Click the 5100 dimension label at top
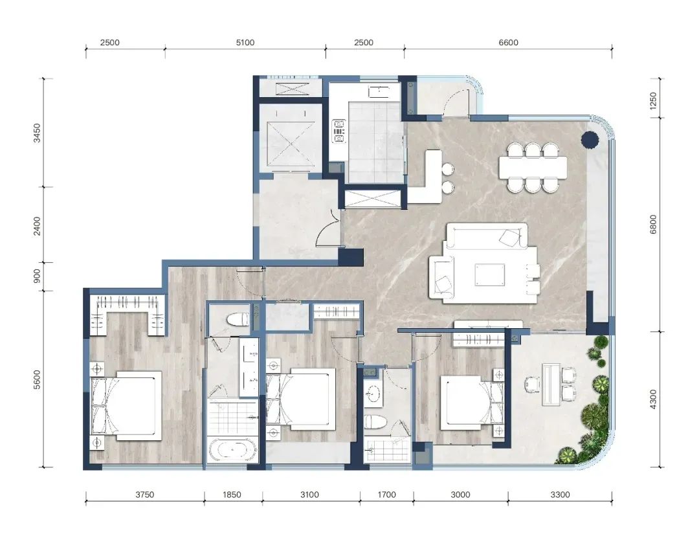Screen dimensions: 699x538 [x=245, y=43]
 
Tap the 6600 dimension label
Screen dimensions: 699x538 [x=508, y=43]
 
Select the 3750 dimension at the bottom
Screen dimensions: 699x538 [x=144, y=495]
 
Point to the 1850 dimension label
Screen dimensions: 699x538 [x=232, y=495]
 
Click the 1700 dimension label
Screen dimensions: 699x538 [x=386, y=495]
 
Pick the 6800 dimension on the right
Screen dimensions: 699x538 [x=653, y=225]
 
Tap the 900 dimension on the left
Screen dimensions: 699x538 [x=37, y=276]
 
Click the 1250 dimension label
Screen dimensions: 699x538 [x=653, y=101]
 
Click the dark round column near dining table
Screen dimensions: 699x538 [x=590, y=140]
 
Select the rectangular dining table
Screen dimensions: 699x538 [x=533, y=167]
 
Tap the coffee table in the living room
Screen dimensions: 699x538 [x=490, y=275]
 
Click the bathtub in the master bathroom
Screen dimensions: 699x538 [x=232, y=450]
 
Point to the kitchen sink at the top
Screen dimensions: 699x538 [x=379, y=91]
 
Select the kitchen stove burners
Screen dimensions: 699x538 [x=338, y=131]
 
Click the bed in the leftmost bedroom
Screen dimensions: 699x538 [x=126, y=405]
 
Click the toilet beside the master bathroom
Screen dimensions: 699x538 [x=238, y=319]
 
